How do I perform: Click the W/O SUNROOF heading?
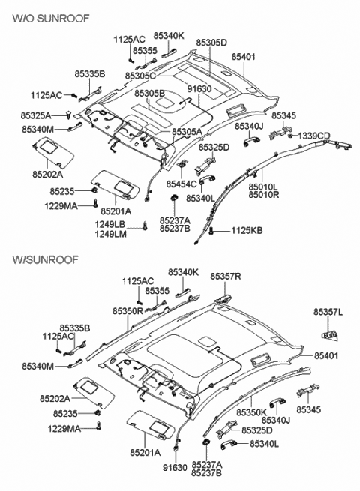[51, 18]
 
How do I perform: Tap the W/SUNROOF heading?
[46, 259]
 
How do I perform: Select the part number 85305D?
[211, 43]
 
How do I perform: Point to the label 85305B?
[150, 93]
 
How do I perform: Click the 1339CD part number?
[314, 136]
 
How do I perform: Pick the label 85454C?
[181, 184]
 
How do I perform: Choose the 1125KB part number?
[247, 231]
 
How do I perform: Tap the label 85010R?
[264, 194]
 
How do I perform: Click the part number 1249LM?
[111, 233]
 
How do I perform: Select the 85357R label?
[226, 276]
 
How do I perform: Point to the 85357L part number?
[328, 312]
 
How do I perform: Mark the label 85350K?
[251, 412]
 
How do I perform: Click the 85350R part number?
[127, 311]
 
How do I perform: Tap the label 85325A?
[36, 115]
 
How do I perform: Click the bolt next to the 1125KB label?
[211, 231]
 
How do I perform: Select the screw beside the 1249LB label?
[145, 226]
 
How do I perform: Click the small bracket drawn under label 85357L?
[329, 335]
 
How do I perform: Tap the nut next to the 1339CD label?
[290, 136]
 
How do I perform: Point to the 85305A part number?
[187, 132]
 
